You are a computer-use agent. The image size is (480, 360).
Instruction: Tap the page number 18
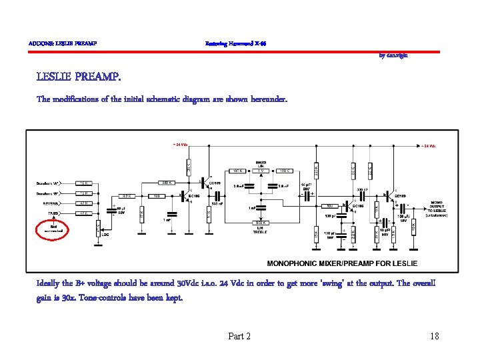tap(435, 336)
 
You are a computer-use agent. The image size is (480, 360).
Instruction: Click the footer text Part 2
tap(239, 336)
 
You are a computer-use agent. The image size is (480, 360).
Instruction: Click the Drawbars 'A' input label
tap(47, 183)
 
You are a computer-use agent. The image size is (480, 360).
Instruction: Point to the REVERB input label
tap(51, 203)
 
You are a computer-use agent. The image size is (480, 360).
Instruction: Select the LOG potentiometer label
tap(105, 233)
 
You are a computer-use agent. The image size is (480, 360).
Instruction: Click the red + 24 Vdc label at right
tap(428, 146)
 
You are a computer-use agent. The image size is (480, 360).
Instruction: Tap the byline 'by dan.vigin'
tap(393, 55)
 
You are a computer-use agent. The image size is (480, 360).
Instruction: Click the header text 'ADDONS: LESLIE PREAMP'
tap(63, 44)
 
